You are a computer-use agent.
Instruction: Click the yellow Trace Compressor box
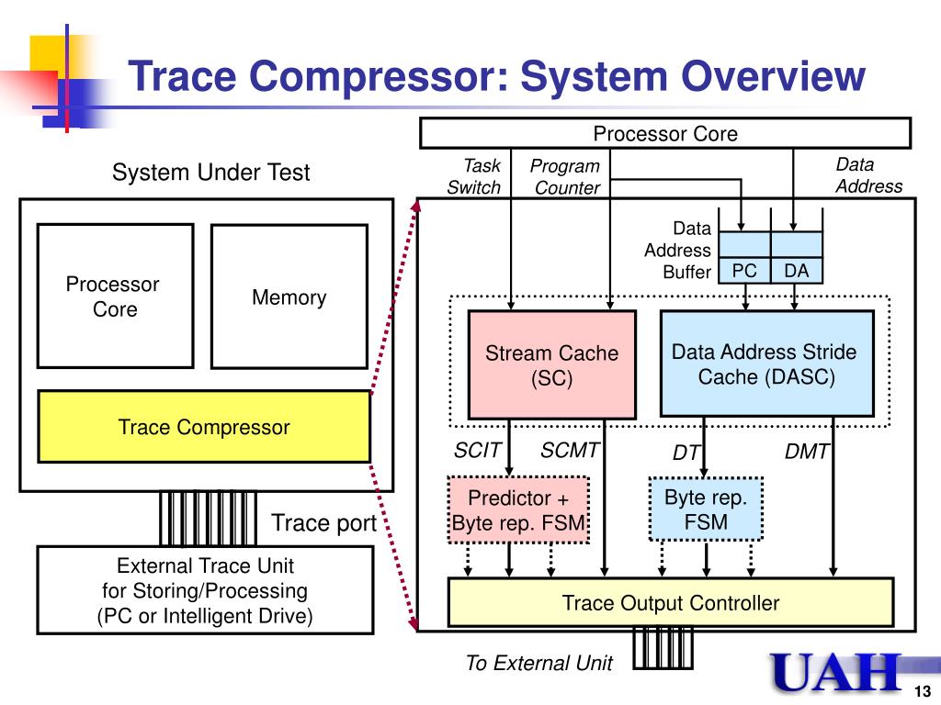[x=204, y=426]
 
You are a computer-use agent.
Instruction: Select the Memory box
[x=289, y=297]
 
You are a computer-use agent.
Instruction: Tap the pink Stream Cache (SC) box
[x=551, y=364]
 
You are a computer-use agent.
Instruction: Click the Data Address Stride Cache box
[x=767, y=364]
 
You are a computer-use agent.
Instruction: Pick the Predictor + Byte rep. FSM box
[x=518, y=510]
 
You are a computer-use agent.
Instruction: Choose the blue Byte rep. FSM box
[x=706, y=509]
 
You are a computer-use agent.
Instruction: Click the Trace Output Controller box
[x=671, y=602]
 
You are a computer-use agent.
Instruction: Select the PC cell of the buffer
[x=744, y=271]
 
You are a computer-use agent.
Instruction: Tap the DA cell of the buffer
[x=797, y=271]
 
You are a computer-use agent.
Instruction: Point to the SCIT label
[x=477, y=450]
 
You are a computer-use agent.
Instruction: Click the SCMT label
[x=570, y=450]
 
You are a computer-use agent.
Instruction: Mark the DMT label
[x=807, y=452]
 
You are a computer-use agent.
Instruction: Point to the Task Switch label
[x=474, y=176]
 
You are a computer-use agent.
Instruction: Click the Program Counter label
[x=565, y=177]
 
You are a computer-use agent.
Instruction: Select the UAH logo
[x=836, y=672]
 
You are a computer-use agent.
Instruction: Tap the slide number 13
[x=923, y=690]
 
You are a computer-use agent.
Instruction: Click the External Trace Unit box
[x=205, y=590]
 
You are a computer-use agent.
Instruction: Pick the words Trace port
[x=324, y=522]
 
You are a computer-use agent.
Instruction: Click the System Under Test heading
[x=210, y=172]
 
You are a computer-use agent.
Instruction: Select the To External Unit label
[x=539, y=663]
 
